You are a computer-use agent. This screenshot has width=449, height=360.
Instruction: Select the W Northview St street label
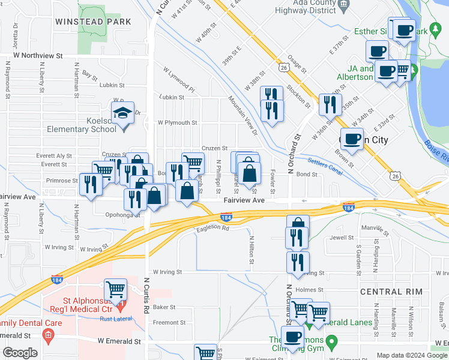pyautogui.click(x=34, y=55)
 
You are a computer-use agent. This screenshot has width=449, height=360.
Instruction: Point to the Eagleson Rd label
pyautogui.click(x=212, y=228)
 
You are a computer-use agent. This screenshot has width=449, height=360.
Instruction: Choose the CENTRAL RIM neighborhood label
pyautogui.click(x=390, y=292)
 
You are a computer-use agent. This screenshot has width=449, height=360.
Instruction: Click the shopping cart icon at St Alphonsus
pyautogui.click(x=115, y=289)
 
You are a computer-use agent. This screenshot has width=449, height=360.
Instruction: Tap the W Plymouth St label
pyautogui.click(x=177, y=122)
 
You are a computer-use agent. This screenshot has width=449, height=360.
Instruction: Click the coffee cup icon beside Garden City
pyautogui.click(x=352, y=139)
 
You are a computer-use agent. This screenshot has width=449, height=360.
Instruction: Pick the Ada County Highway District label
pyautogui.click(x=313, y=7)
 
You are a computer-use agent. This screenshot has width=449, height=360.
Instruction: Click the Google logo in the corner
pyautogui.click(x=20, y=353)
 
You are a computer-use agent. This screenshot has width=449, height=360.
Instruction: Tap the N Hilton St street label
pyautogui.click(x=252, y=249)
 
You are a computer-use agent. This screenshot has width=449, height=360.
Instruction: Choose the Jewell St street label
pyautogui.click(x=342, y=238)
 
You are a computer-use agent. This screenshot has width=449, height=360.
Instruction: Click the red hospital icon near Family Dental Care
pyautogui.click(x=48, y=334)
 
